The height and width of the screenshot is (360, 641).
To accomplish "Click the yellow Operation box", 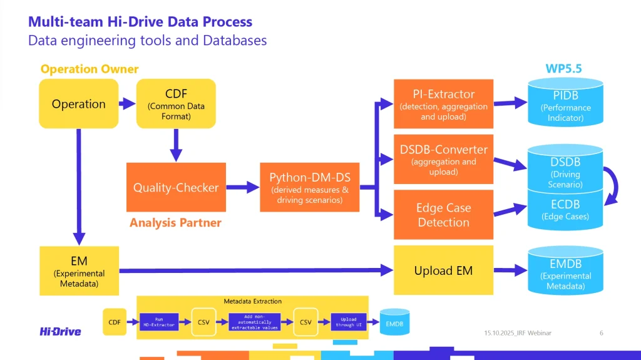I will pos(78,104).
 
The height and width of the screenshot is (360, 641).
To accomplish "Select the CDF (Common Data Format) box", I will pos(176,104).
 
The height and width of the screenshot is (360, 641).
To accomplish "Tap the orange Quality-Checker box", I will pos(176,187).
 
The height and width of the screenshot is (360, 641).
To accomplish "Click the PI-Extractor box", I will pos(443,104).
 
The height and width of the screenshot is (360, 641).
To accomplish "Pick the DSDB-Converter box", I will pos(443,159).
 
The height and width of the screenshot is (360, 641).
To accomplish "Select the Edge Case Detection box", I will pos(443,215).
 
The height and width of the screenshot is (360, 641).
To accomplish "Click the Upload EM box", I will pos(443,270).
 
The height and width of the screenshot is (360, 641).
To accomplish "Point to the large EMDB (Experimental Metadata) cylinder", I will pos(565,271).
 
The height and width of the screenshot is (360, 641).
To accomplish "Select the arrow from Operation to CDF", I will pos(127,104).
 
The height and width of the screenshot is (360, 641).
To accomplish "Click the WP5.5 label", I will pos(563,68).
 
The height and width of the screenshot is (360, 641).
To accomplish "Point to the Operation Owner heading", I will pos(90,69).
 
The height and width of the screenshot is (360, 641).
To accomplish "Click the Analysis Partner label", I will pos(175,222).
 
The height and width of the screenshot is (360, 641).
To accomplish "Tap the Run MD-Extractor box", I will pos(158,322).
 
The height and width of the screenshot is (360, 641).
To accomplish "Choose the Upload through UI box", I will pos(349,322).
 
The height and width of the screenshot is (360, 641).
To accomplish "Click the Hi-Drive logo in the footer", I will pos(60,331).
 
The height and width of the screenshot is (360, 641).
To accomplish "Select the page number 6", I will pos(601,332).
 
